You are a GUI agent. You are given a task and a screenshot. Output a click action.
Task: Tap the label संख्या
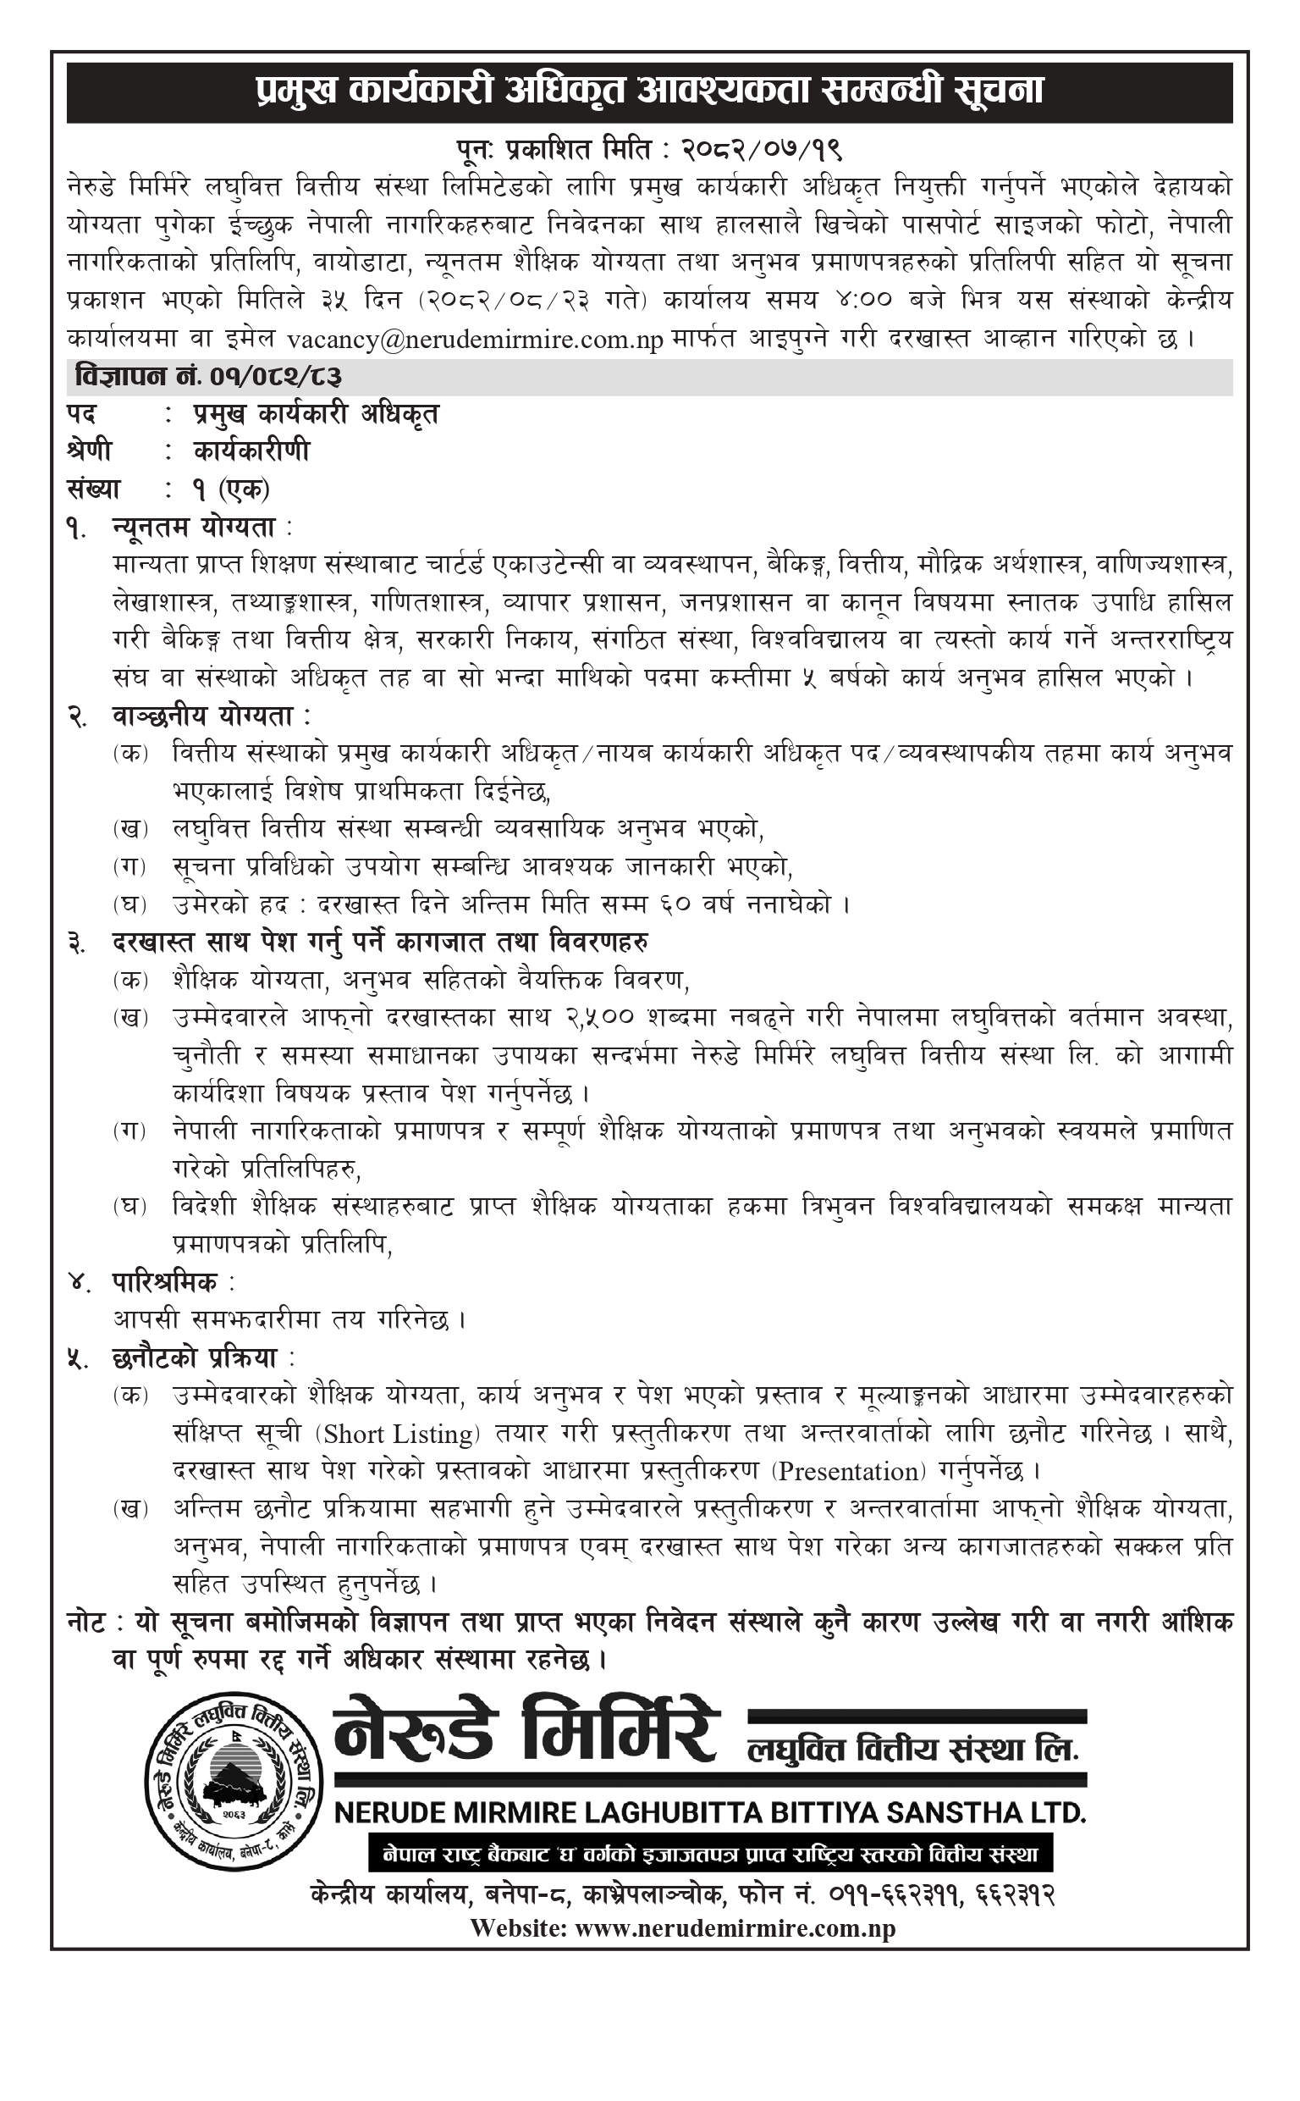tap(94, 489)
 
